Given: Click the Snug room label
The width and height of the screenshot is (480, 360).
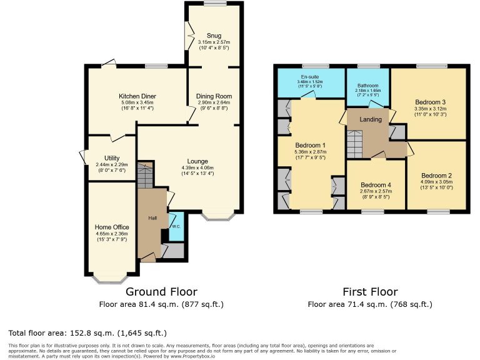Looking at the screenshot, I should point(214,35).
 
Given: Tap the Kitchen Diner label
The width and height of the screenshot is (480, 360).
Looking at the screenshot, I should point(137,96).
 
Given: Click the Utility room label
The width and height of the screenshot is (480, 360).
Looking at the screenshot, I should point(111,158).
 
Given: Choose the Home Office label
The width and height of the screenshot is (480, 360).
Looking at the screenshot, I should point(112,227).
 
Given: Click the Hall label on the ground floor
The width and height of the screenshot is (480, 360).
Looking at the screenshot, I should point(152,217).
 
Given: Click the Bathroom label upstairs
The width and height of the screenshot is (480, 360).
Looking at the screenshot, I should point(368,86).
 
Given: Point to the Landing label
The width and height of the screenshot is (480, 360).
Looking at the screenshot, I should point(370,120).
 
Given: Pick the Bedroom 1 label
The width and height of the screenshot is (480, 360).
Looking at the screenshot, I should point(311,145).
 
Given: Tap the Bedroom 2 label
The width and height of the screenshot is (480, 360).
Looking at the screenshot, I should point(436,175).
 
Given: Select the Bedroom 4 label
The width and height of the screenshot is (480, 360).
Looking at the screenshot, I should point(376,184).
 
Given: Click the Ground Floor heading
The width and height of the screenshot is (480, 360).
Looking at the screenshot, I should point(161,291).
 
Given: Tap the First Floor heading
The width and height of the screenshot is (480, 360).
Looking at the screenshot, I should point(370,291).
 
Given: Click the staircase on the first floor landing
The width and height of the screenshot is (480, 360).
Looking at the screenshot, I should point(354,144).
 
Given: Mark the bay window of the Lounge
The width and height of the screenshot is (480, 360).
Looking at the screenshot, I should point(218,217).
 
